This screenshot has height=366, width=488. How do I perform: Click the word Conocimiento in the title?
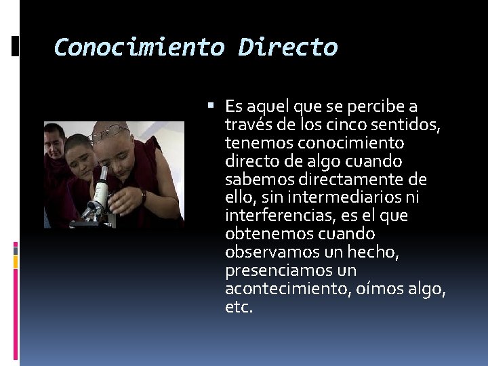139,47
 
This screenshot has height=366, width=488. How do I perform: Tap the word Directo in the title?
287,47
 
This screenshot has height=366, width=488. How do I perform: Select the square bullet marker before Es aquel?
211,106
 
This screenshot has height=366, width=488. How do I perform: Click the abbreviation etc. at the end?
239,307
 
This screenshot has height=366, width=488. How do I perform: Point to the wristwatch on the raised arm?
143,197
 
